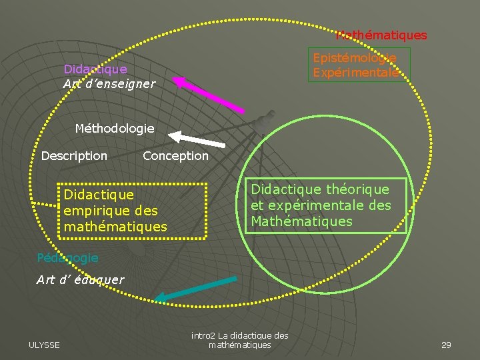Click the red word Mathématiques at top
click(x=381, y=35)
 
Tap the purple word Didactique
click(x=95, y=69)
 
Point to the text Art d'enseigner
click(x=109, y=83)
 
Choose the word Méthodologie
click(x=114, y=127)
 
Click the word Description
click(x=74, y=155)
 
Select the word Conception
click(x=175, y=155)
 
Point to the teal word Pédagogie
click(x=67, y=257)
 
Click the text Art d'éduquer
click(x=80, y=279)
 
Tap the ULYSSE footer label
click(x=44, y=344)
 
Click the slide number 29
click(x=446, y=344)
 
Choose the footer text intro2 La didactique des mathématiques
click(x=239, y=340)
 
